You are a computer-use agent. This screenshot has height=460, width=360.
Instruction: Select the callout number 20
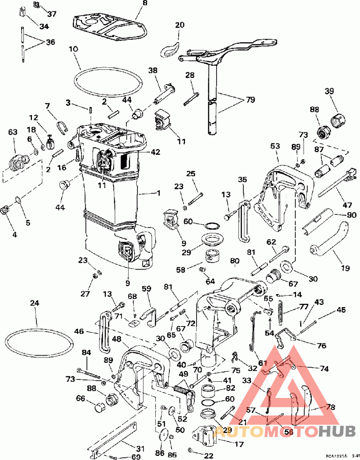click(x=180, y=25)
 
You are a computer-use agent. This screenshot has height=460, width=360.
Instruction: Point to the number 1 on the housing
click(x=158, y=193)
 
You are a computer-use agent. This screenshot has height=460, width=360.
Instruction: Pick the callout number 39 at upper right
click(x=330, y=91)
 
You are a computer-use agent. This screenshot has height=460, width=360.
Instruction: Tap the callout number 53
click(x=275, y=146)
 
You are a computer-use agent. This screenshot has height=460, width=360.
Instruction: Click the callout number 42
click(x=156, y=152)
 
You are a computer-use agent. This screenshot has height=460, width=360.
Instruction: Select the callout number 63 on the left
click(x=12, y=132)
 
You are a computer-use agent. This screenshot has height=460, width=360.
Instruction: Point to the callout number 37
click(x=52, y=14)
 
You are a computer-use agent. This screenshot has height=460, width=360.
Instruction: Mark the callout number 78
click(x=331, y=407)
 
